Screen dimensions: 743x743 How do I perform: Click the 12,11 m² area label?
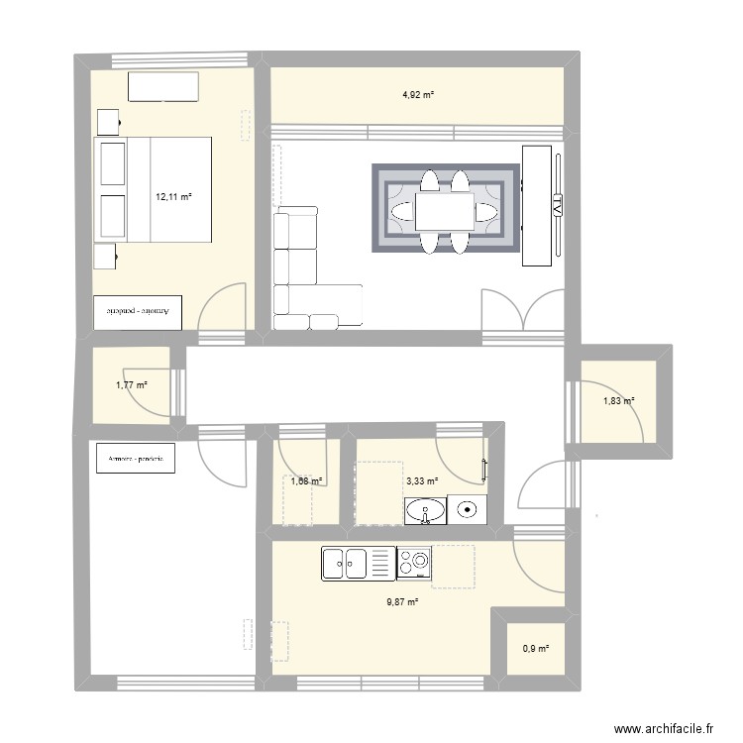172,196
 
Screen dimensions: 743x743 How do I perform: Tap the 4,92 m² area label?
417,95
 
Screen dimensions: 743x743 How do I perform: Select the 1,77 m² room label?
131,385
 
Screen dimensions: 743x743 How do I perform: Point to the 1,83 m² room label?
618,401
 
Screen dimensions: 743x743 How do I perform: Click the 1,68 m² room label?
307,481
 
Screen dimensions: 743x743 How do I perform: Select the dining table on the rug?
444,211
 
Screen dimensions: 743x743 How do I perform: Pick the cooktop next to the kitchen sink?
415,564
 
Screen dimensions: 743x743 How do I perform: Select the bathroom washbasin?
426,511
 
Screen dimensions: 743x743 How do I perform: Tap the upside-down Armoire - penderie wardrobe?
139,311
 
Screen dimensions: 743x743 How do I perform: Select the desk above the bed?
163,87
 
